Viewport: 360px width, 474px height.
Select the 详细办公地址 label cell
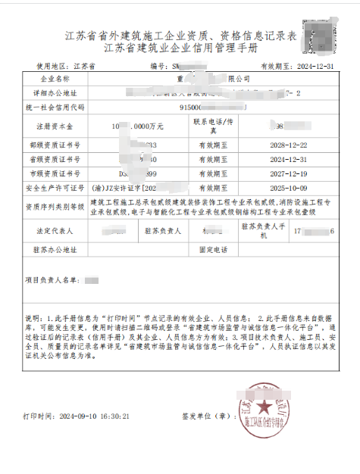tap(55, 92)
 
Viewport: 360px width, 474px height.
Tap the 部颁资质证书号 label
tap(55, 144)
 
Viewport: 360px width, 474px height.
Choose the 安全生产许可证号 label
tap(55, 187)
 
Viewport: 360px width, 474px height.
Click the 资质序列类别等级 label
tap(55, 206)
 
